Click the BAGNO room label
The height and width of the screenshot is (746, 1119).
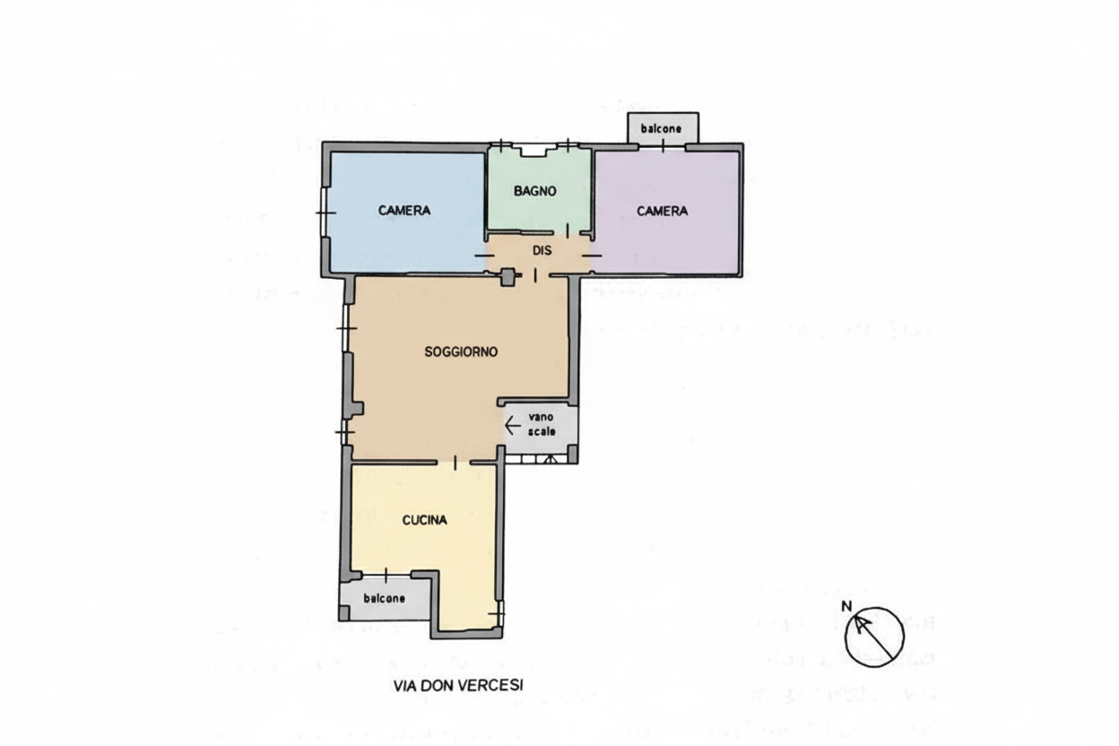coord(535,191)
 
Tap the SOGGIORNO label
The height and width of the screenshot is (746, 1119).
coord(461,351)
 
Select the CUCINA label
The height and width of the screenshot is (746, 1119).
coord(425,520)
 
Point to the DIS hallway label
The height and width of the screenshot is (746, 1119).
coord(542,250)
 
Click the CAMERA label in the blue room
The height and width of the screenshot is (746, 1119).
coord(404,211)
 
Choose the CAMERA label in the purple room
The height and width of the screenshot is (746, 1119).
coord(663,211)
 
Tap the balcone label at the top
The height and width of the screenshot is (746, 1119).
coord(662,128)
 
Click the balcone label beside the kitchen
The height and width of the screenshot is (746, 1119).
coord(384,598)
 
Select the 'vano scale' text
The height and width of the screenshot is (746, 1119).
coord(542,424)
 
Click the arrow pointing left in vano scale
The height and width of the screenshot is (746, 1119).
coord(513,426)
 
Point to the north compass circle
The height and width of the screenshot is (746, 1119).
coord(874,638)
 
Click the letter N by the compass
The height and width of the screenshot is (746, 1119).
coord(846,606)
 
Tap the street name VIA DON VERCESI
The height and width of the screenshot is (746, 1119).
coord(458,686)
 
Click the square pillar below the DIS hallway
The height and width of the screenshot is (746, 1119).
coord(507,277)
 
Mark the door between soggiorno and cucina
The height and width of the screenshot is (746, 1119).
coord(455,463)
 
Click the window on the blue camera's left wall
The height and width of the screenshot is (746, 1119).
coord(325,213)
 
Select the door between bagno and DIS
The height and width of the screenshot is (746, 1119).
coord(568,230)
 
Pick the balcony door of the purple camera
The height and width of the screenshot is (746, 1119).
coord(663,146)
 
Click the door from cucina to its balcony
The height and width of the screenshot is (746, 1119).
coord(386,576)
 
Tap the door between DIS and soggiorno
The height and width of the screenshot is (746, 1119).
coord(535,275)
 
